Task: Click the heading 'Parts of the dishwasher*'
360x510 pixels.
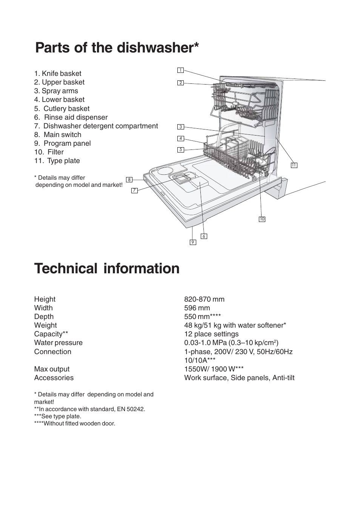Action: coord(117,48)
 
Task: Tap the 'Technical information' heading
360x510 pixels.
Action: coord(107,268)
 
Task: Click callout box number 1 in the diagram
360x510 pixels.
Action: coord(180,70)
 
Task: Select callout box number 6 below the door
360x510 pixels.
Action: coord(204,236)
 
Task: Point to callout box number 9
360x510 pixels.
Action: coord(193,242)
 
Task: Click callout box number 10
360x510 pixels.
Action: coord(262,219)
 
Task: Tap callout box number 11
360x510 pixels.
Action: coord(294,165)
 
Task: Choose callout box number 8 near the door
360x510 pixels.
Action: coord(129,180)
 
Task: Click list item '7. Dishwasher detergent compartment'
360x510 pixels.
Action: coord(96,126)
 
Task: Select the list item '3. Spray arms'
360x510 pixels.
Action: coord(56,91)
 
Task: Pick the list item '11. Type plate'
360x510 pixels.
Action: coord(57,161)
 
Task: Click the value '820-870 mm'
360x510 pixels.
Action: coord(204,299)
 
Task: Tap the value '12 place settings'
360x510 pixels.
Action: coord(211,334)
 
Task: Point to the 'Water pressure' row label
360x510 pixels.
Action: coord(58,343)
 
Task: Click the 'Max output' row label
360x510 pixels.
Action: coord(52,369)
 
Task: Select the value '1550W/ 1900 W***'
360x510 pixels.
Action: coord(214,369)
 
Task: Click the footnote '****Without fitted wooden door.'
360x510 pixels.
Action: coord(74,424)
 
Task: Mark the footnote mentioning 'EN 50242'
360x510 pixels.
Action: coord(89,409)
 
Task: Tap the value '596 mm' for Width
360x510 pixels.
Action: coord(197,308)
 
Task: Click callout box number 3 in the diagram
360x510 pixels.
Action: coord(180,127)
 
